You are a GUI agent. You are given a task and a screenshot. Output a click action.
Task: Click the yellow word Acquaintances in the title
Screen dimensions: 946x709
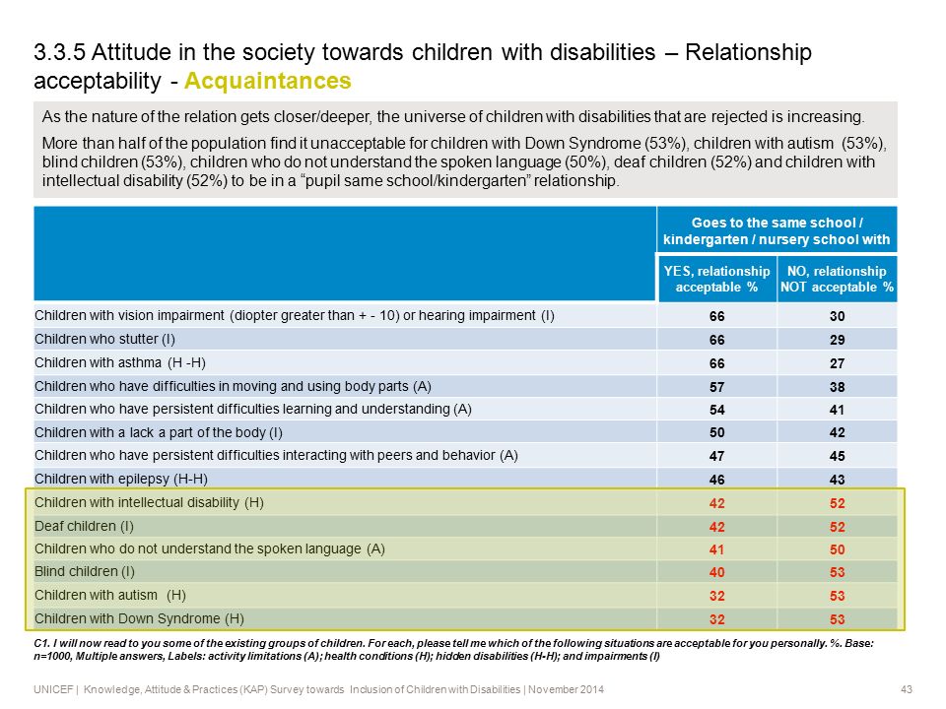pyautogui.click(x=268, y=81)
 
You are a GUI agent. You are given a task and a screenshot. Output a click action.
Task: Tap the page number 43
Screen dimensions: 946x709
pyautogui.click(x=907, y=689)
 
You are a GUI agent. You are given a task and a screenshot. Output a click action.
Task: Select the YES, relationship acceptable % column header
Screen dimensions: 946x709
pyautogui.click(x=716, y=279)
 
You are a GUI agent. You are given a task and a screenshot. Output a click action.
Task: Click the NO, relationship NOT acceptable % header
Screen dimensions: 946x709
pyautogui.click(x=837, y=279)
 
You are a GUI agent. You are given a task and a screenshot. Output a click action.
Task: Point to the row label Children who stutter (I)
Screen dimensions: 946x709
pyautogui.click(x=105, y=339)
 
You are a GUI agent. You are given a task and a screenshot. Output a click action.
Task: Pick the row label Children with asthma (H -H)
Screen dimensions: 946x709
pyautogui.click(x=120, y=362)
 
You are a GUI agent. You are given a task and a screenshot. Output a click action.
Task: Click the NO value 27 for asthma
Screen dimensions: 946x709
pyautogui.click(x=837, y=363)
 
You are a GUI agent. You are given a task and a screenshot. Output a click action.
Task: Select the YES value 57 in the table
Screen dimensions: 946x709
pyautogui.click(x=716, y=387)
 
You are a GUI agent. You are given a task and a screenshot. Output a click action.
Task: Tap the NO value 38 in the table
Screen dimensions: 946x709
pyautogui.click(x=837, y=387)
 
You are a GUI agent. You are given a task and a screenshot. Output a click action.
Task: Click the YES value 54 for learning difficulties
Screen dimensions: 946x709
pyautogui.click(x=716, y=410)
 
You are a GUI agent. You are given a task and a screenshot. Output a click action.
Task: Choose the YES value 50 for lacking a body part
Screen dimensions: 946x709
pyautogui.click(x=716, y=433)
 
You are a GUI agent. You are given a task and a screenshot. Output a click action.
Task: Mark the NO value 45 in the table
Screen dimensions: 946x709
pyautogui.click(x=837, y=456)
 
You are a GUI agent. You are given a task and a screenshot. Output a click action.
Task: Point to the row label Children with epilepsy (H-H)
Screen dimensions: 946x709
pyautogui.click(x=121, y=479)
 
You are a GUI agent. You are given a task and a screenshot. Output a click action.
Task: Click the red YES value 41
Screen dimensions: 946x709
pyautogui.click(x=716, y=549)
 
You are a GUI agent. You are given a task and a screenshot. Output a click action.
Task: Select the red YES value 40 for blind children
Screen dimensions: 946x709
pyautogui.click(x=716, y=572)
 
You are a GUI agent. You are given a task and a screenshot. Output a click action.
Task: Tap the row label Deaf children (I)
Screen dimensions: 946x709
pyautogui.click(x=84, y=526)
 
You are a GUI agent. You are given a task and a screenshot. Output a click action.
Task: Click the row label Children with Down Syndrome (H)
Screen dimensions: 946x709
pyautogui.click(x=139, y=618)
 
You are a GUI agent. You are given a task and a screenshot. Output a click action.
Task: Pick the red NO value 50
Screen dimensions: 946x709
pyautogui.click(x=837, y=549)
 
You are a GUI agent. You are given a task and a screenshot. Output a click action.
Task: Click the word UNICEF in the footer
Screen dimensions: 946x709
pyautogui.click(x=53, y=689)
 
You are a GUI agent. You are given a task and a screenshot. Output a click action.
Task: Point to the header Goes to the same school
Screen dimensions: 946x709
pyautogui.click(x=777, y=223)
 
